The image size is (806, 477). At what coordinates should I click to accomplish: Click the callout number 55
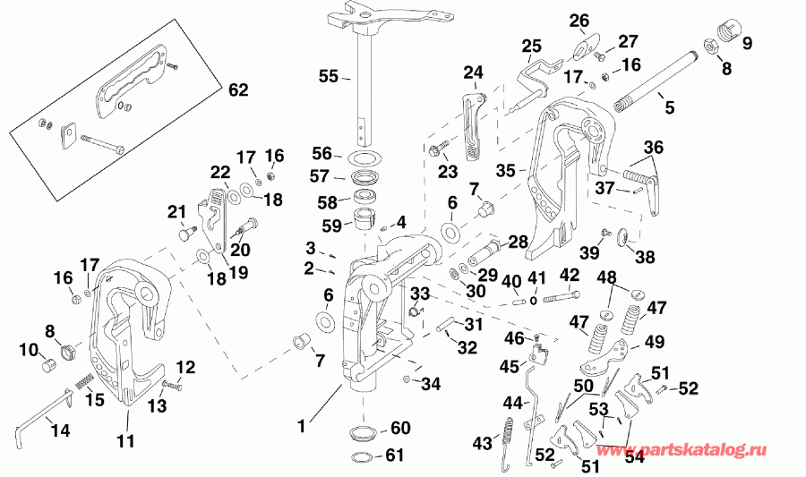(x=330, y=77)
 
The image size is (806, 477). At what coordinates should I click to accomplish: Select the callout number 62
(x=237, y=90)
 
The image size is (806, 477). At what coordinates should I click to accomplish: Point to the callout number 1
(x=302, y=428)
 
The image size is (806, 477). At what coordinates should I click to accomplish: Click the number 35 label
(x=506, y=168)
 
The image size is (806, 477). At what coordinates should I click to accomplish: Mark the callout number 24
(x=472, y=72)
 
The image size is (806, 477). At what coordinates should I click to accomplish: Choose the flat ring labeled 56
(x=363, y=158)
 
